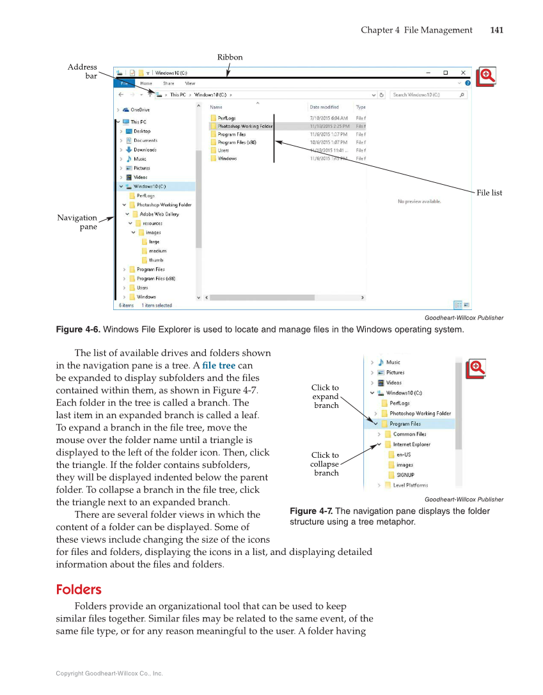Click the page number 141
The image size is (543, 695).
496,30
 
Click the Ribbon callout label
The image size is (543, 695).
230,58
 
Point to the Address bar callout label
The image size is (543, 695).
83,72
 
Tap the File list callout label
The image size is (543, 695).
489,192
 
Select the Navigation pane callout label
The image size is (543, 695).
77,222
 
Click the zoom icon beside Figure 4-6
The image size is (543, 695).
485,77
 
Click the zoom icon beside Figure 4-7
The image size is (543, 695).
476,369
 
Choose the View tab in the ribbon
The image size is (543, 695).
190,83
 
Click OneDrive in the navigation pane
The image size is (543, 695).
140,110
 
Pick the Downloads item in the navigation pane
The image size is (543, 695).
145,150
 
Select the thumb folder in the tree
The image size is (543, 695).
155,260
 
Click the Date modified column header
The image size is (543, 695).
324,107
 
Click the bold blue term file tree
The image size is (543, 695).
219,366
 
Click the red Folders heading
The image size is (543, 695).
79,589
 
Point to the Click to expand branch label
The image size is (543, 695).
325,396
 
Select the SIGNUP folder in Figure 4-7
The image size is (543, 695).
405,475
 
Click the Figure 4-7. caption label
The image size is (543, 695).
311,511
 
